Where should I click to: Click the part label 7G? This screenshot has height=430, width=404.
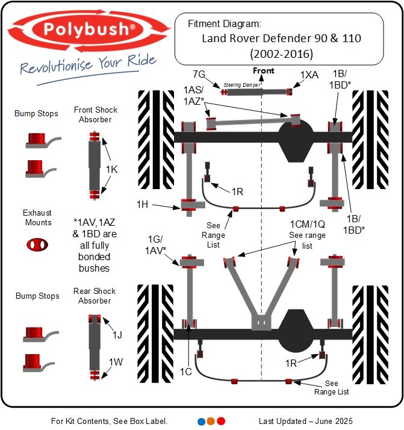(199, 74)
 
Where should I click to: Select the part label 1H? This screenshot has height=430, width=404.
(142, 204)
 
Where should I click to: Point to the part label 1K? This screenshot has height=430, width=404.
(112, 169)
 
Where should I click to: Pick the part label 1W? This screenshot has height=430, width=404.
(116, 362)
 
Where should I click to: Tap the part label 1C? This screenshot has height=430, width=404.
(186, 372)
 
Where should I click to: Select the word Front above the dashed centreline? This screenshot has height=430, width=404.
(263, 71)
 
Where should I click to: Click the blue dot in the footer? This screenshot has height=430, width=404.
(202, 421)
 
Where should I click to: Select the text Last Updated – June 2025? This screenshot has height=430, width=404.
(306, 421)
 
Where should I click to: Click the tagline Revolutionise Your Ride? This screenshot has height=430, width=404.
(87, 63)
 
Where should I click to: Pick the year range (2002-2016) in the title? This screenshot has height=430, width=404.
(281, 54)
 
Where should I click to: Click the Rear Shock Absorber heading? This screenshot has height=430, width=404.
(95, 296)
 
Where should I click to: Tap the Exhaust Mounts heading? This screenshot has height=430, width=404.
(37, 217)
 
